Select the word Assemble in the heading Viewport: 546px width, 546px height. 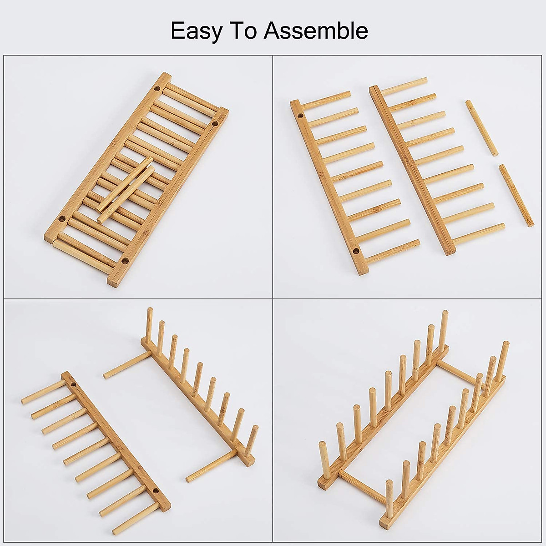tap(316, 31)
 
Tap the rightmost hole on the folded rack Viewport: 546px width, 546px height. tap(216, 124)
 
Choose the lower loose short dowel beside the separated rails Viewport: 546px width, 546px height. tap(516, 196)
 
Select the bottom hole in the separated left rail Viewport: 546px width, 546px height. tap(355, 250)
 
